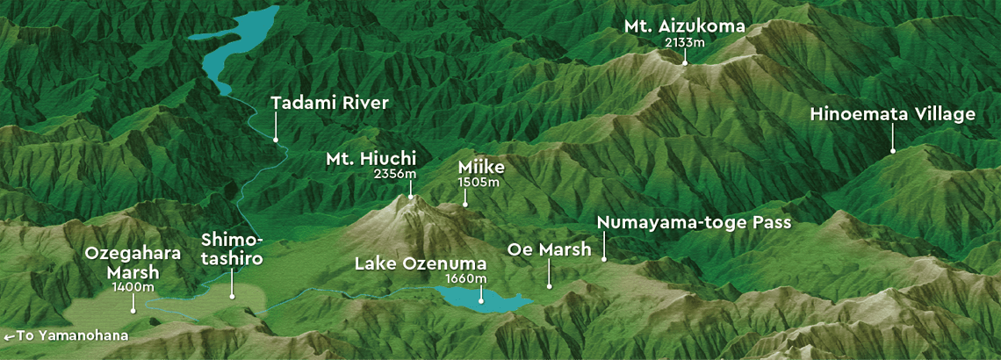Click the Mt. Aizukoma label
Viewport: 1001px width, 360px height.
coord(685,26)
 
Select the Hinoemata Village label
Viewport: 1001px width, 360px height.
coord(893,115)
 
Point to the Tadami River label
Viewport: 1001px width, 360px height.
coord(329,104)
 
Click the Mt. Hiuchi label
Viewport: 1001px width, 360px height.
coord(371,159)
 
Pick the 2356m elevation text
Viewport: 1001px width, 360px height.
coord(394,174)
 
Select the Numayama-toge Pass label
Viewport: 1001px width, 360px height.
coord(694,223)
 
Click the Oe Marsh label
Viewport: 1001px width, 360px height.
coord(550,250)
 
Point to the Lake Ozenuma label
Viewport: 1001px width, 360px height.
coord(420,263)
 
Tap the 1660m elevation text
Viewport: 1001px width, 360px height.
coord(466,278)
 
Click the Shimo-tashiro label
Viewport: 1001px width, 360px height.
coord(232,250)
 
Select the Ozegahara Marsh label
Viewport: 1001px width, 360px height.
coord(133,263)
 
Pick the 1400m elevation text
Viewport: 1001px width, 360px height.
coord(133,286)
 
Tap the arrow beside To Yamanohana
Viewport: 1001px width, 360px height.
coord(9,336)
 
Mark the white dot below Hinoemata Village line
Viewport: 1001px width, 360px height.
coord(893,151)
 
